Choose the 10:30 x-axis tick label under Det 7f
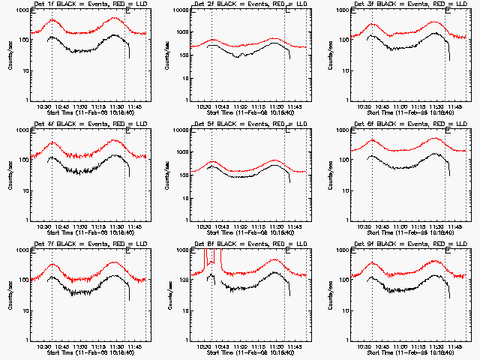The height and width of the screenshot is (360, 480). coord(43,346)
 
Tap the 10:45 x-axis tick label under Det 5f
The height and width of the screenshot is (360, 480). coord(219,226)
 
